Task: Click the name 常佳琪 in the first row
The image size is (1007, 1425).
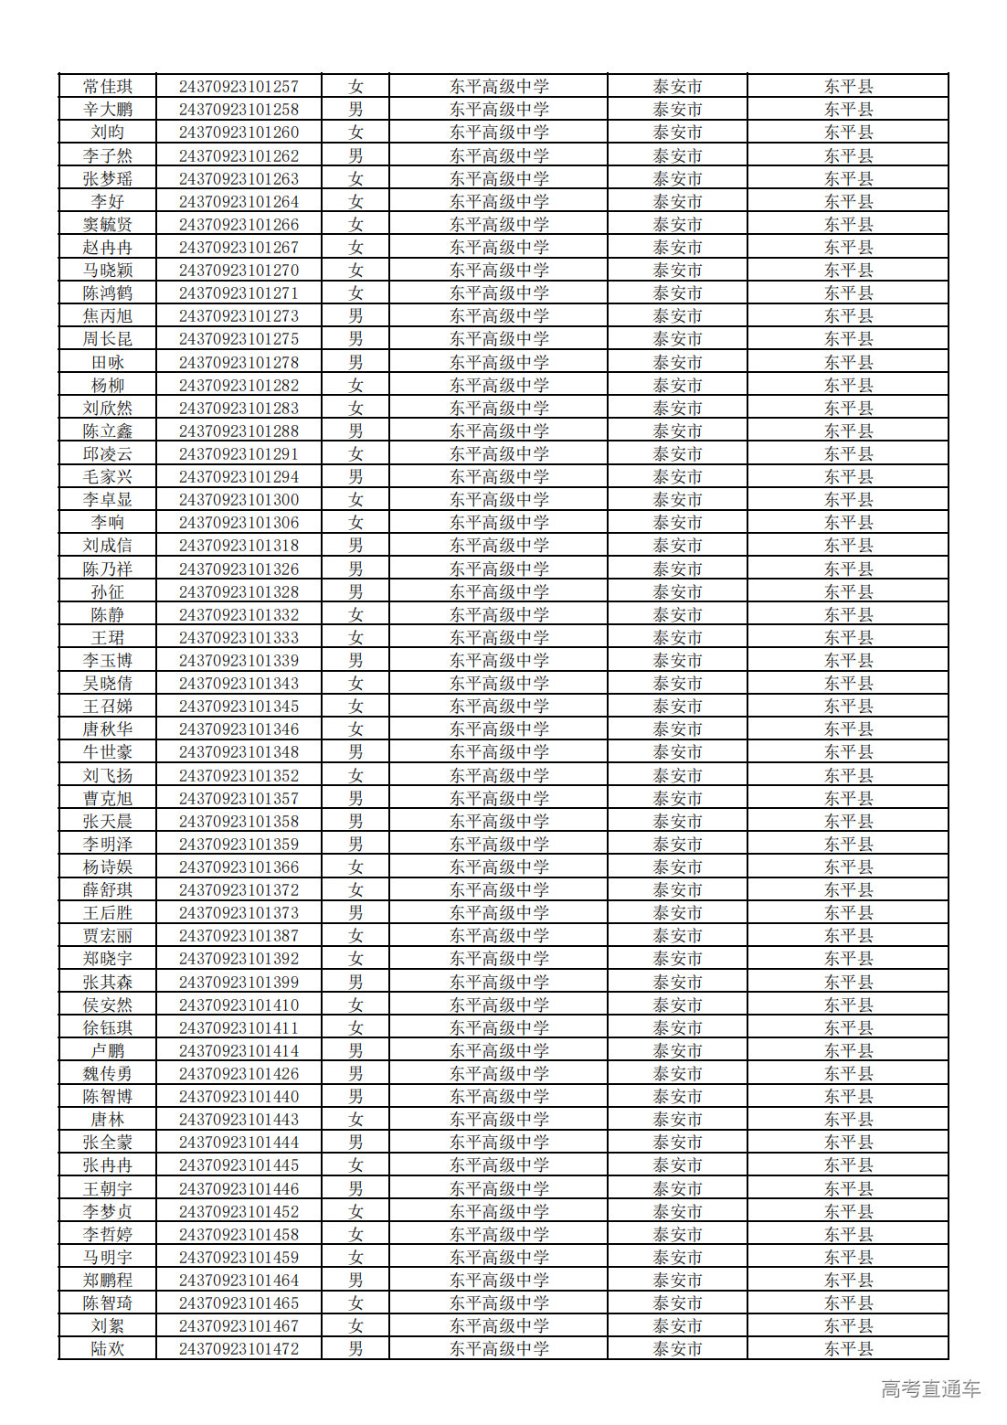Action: click(108, 87)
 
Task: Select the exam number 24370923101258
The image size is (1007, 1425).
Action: click(238, 110)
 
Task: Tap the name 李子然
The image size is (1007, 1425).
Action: click(108, 156)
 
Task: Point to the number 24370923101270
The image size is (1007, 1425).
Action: click(238, 271)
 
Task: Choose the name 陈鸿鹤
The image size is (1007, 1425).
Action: click(108, 293)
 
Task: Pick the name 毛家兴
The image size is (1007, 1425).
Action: click(108, 477)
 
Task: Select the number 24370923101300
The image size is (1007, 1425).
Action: click(238, 500)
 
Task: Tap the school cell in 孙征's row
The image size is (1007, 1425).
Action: click(499, 592)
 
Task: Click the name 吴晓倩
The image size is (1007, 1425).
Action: click(108, 684)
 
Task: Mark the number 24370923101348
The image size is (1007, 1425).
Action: click(238, 752)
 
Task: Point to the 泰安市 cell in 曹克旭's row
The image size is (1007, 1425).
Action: click(677, 799)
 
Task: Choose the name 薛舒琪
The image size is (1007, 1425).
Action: click(108, 890)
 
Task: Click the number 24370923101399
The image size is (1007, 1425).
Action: click(238, 983)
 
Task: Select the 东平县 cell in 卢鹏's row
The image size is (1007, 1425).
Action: click(848, 1051)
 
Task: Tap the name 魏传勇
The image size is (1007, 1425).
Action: click(108, 1074)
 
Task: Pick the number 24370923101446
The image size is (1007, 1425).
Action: click(238, 1189)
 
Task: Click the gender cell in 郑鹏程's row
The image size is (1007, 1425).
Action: click(355, 1281)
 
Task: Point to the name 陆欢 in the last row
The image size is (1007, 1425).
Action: click(108, 1349)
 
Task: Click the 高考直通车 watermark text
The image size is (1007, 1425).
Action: click(930, 1389)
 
